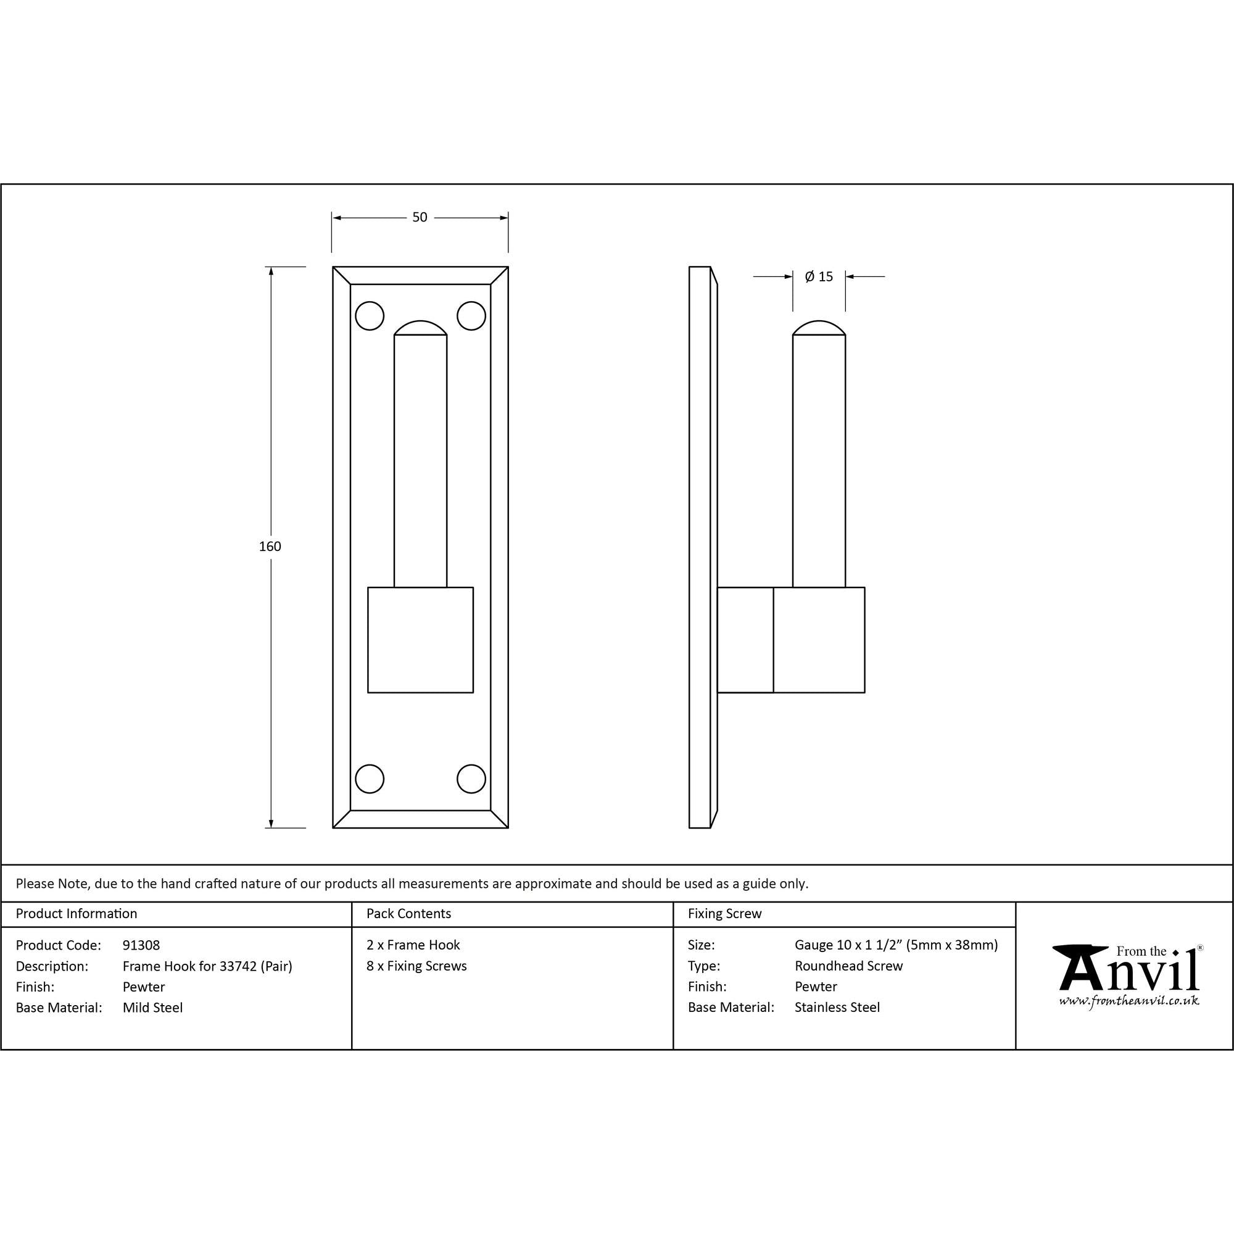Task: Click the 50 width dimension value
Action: click(x=420, y=217)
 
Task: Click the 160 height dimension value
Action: click(x=270, y=546)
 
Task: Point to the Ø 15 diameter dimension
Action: click(x=819, y=276)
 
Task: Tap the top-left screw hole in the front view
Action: click(x=369, y=315)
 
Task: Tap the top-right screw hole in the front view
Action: click(x=471, y=315)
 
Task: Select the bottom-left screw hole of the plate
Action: click(x=369, y=779)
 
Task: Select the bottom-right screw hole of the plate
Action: click(x=471, y=779)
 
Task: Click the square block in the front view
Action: click(x=420, y=640)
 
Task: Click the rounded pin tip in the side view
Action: click(x=819, y=328)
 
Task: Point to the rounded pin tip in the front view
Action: click(x=420, y=328)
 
